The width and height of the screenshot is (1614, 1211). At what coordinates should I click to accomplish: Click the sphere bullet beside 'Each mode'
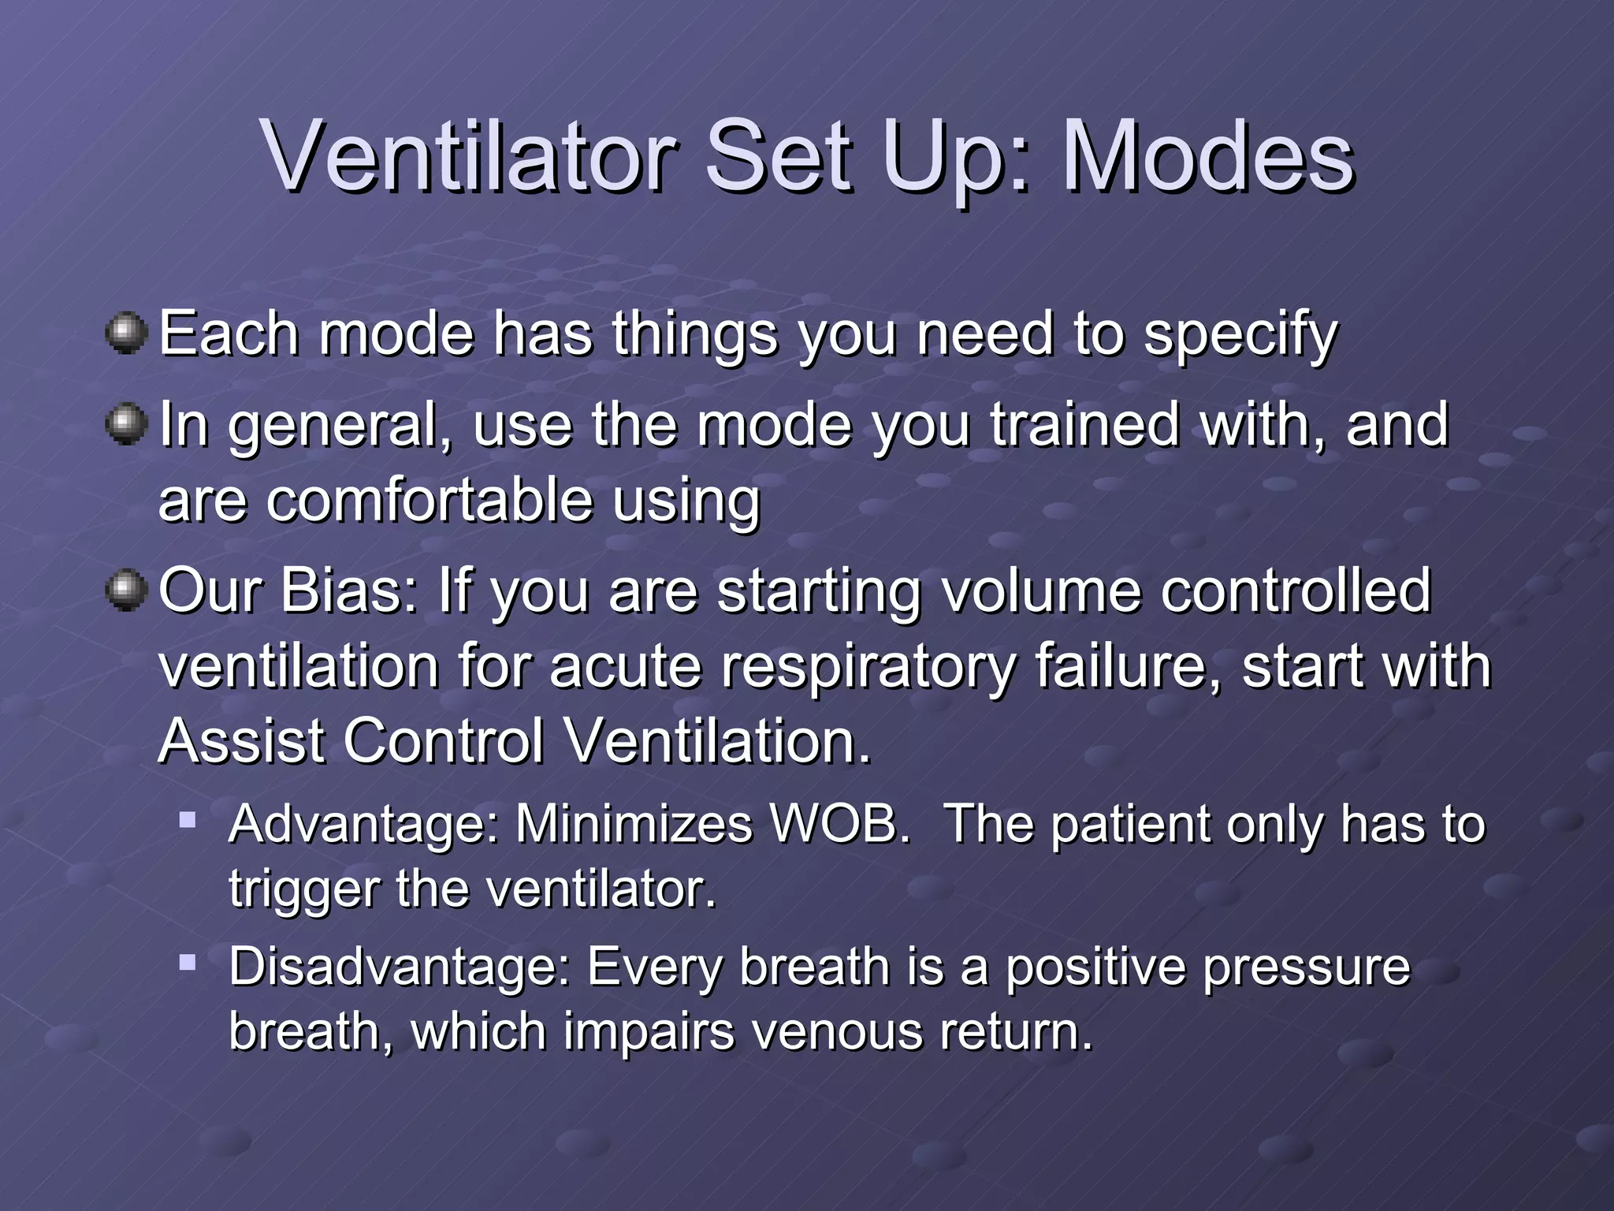126,333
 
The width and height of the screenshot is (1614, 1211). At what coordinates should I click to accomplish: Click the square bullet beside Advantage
188,820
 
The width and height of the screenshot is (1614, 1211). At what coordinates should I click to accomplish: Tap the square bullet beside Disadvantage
188,963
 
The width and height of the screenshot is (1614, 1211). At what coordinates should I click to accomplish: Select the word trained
1085,424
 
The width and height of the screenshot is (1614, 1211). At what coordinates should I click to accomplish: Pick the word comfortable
429,500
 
